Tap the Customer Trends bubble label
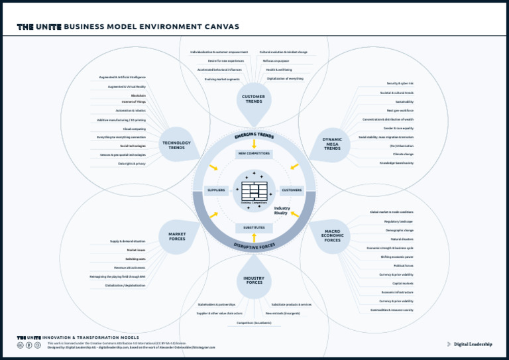point(254,99)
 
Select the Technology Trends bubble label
point(176,145)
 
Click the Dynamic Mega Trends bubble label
point(332,144)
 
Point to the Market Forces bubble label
point(177,236)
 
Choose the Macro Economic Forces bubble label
point(332,235)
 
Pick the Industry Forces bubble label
point(254,280)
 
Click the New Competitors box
point(254,153)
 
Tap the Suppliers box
point(217,190)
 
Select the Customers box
point(292,190)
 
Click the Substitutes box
point(254,227)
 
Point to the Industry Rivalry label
point(282,210)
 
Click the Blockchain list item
point(138,95)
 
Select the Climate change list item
point(403,154)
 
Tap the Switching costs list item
point(135,259)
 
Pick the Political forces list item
point(403,265)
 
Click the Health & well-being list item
point(279,70)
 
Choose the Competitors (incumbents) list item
point(254,323)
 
